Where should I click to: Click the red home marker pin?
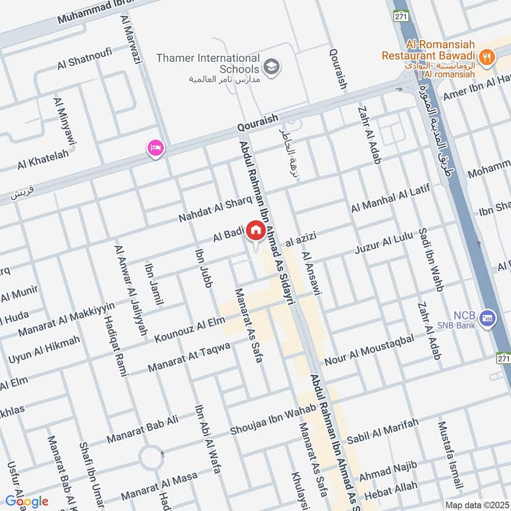click(256, 231)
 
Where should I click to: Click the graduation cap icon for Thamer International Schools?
click(272, 67)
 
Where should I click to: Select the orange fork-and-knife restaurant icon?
click(487, 56)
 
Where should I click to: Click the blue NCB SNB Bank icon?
click(488, 317)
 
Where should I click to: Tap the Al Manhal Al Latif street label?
click(390, 199)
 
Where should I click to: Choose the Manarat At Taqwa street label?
click(188, 358)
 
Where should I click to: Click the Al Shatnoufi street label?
click(80, 60)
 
